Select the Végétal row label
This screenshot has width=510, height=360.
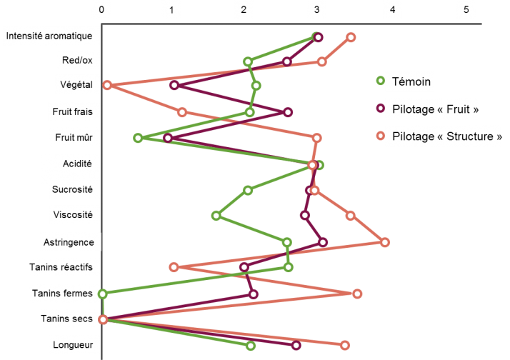coord(76,85)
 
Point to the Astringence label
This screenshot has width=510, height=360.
coord(73,242)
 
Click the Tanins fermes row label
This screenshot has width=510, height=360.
coord(62,293)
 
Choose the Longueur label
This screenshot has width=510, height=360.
coord(73,345)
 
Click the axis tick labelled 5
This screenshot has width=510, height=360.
coord(466,10)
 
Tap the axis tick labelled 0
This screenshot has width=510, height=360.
coord(102,10)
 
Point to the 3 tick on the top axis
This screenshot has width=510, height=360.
coord(317,10)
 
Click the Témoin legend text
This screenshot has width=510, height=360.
coord(411,81)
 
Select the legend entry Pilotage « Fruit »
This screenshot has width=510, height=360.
coord(435,109)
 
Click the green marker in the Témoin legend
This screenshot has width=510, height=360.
coord(381,81)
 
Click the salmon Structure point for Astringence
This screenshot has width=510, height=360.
coord(385,242)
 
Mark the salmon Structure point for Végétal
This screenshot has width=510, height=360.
coord(107,85)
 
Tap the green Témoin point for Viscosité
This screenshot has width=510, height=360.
coord(216,215)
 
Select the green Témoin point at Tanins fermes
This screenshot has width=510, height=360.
coord(103,294)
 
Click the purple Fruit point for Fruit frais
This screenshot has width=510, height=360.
coord(288,112)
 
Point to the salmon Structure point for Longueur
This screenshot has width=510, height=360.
coord(345,345)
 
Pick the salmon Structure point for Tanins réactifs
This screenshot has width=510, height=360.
coord(174,267)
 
